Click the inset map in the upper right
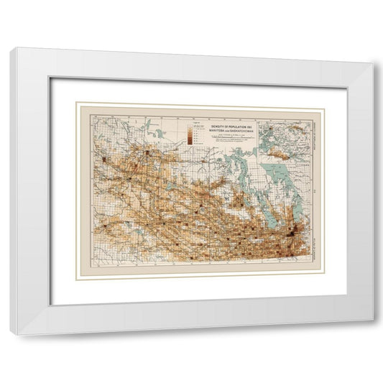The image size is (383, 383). pyautogui.click(x=285, y=132)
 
